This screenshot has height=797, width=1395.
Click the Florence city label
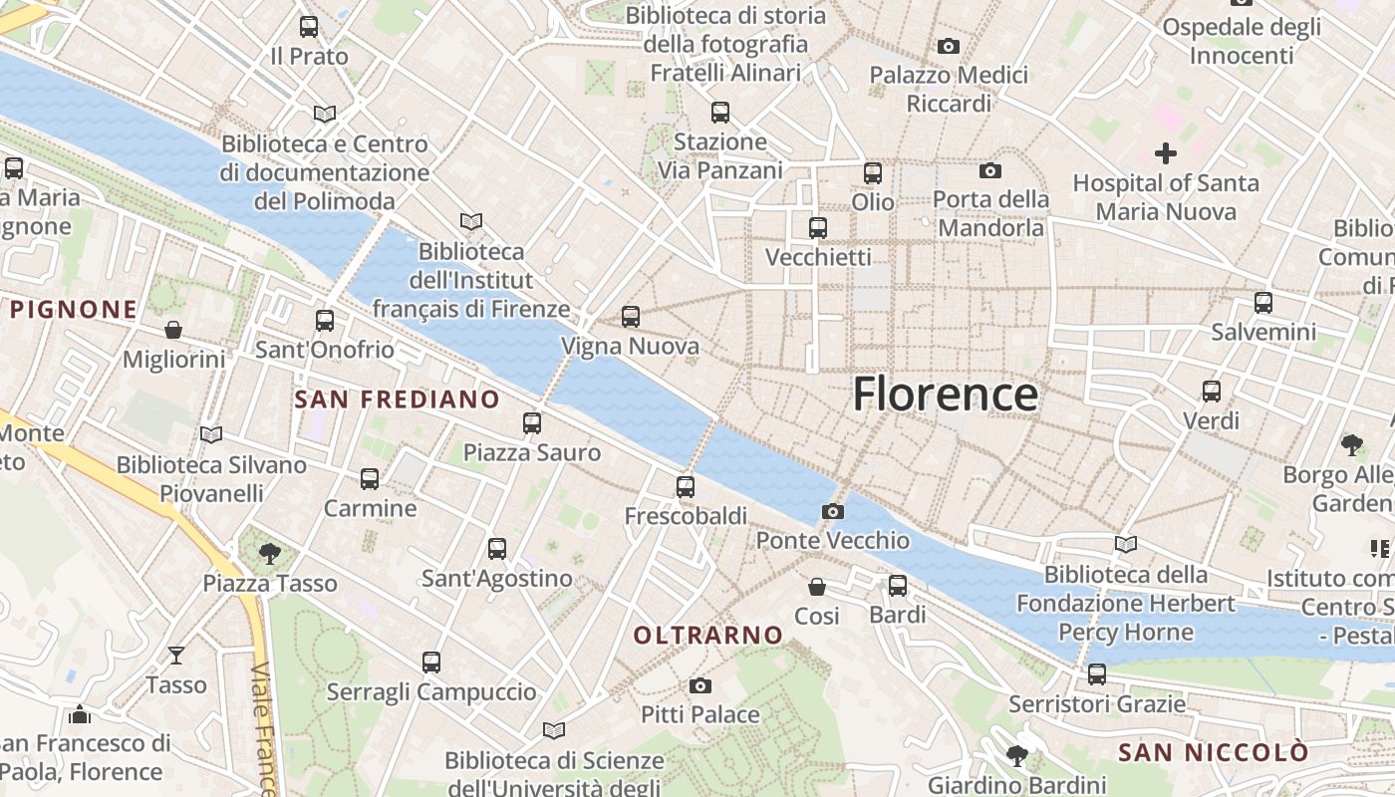coord(945,395)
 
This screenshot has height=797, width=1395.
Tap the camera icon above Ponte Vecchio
coord(832,512)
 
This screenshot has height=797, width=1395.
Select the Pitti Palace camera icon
coord(700,685)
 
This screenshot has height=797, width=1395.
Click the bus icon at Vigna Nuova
coord(630,317)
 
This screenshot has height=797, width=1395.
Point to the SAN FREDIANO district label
coord(397,399)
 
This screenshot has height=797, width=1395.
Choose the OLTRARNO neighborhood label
coord(708,635)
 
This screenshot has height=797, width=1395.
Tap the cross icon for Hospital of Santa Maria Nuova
coord(1165,153)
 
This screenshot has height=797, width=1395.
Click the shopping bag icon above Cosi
coord(817,587)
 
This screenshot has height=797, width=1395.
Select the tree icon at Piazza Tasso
coord(269,553)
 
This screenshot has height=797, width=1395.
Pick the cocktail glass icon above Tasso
coord(176,655)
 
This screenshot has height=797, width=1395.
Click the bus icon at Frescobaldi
coord(685,487)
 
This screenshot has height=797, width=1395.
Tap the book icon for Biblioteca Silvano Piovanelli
coord(210,434)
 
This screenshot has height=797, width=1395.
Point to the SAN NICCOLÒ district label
coord(1212,752)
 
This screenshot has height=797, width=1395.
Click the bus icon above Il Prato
coord(309,27)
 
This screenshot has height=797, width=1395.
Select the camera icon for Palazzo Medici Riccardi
coord(949,46)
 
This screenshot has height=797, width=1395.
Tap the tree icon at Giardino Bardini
coord(1016,755)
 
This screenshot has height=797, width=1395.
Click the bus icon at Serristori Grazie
coord(1097,674)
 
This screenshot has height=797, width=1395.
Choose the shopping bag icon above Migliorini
coord(173,329)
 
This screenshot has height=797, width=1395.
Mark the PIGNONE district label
coord(74,310)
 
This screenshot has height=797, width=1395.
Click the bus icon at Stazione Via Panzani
coord(719,113)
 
